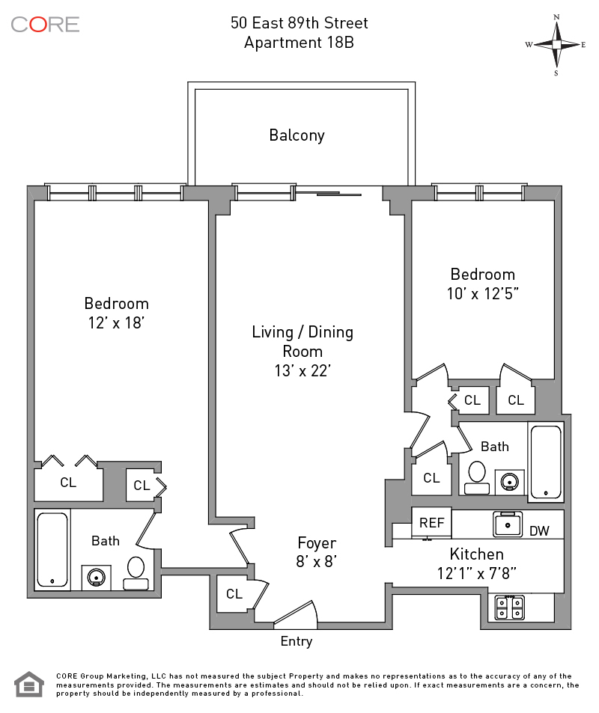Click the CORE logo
(45, 24)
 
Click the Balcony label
(297, 135)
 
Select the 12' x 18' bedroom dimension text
(116, 323)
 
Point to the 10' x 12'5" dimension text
(483, 294)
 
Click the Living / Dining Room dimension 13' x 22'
(302, 370)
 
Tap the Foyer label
(317, 543)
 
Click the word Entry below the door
(297, 641)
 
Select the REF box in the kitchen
(431, 523)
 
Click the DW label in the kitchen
(539, 531)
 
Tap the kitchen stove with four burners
(510, 607)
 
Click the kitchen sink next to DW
(507, 524)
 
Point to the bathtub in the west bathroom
(52, 549)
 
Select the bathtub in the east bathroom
(545, 463)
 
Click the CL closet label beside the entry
(234, 594)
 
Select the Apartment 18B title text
(299, 43)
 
